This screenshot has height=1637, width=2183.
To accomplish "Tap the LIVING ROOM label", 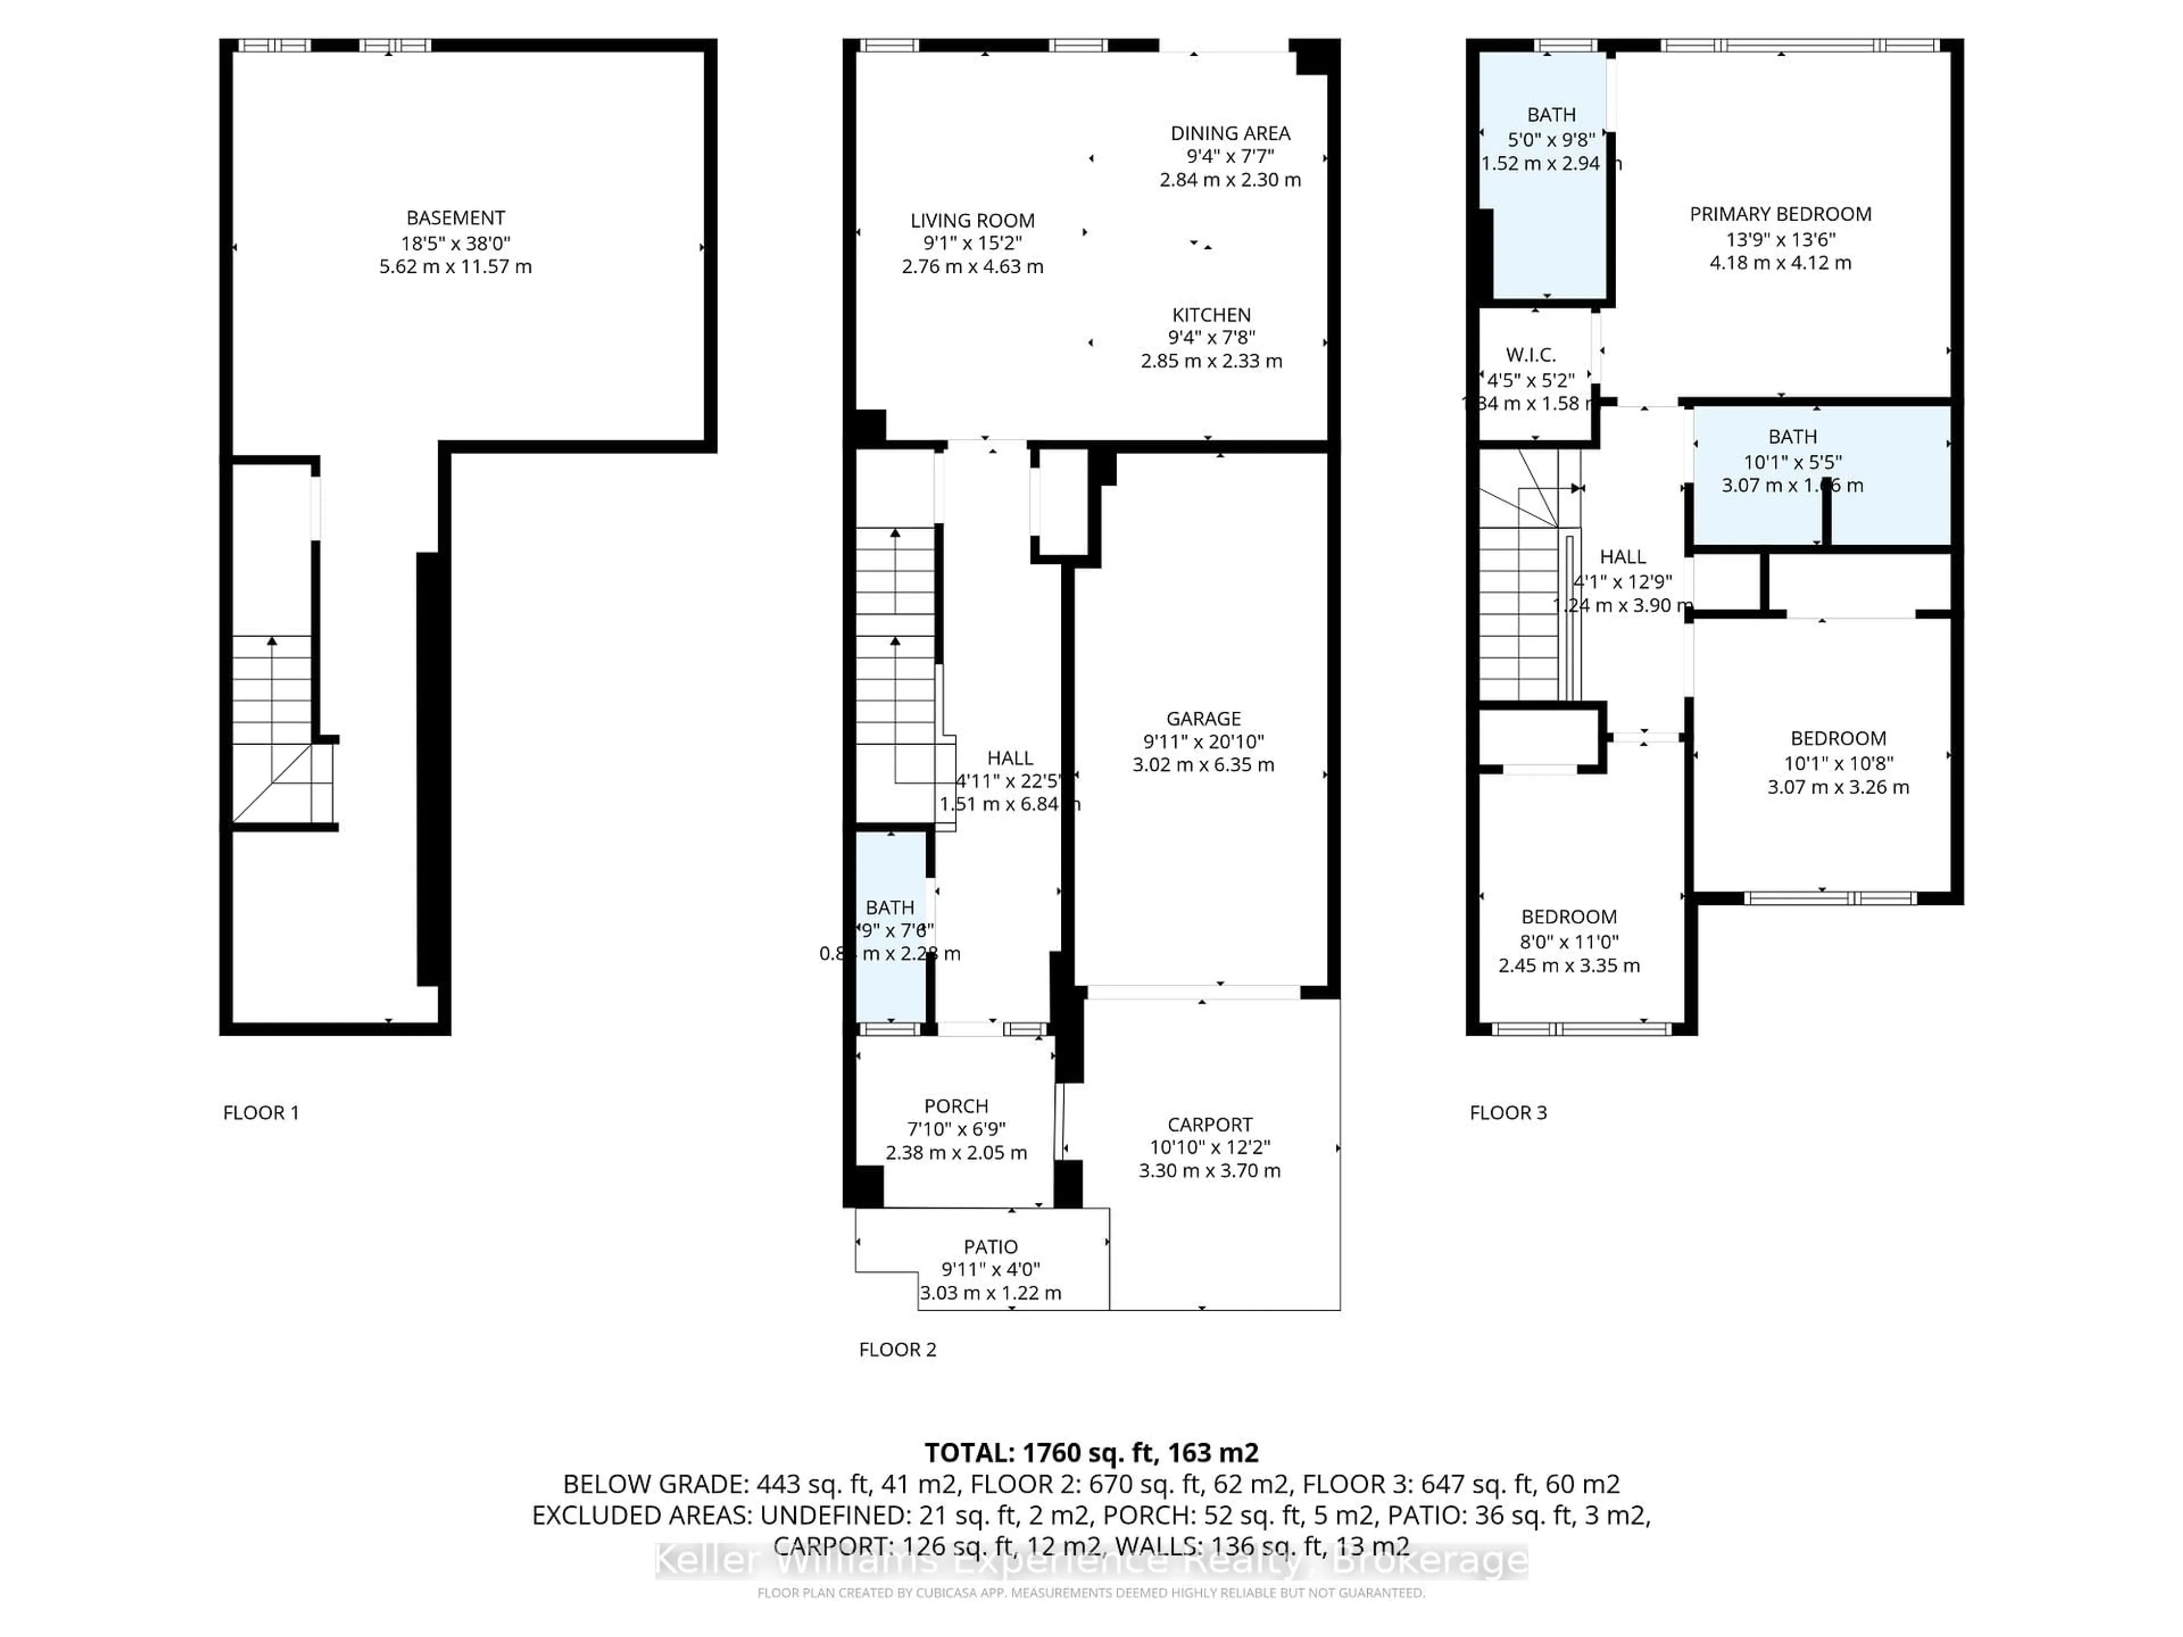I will (x=972, y=220).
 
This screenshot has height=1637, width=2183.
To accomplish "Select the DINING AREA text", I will (x=1230, y=133).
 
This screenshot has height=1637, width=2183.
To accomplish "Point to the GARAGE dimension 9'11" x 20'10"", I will (x=1203, y=741).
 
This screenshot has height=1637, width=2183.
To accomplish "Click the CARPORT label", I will (x=1209, y=1124).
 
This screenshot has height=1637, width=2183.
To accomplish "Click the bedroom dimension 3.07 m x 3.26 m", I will (x=1837, y=787).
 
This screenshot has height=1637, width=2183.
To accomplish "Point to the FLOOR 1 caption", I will (x=260, y=1112).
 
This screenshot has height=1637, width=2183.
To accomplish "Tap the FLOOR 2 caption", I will (x=897, y=1349).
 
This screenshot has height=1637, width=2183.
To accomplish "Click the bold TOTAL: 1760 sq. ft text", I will (x=1090, y=1452).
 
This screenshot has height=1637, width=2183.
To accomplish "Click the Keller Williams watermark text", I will (x=1090, y=1561).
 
